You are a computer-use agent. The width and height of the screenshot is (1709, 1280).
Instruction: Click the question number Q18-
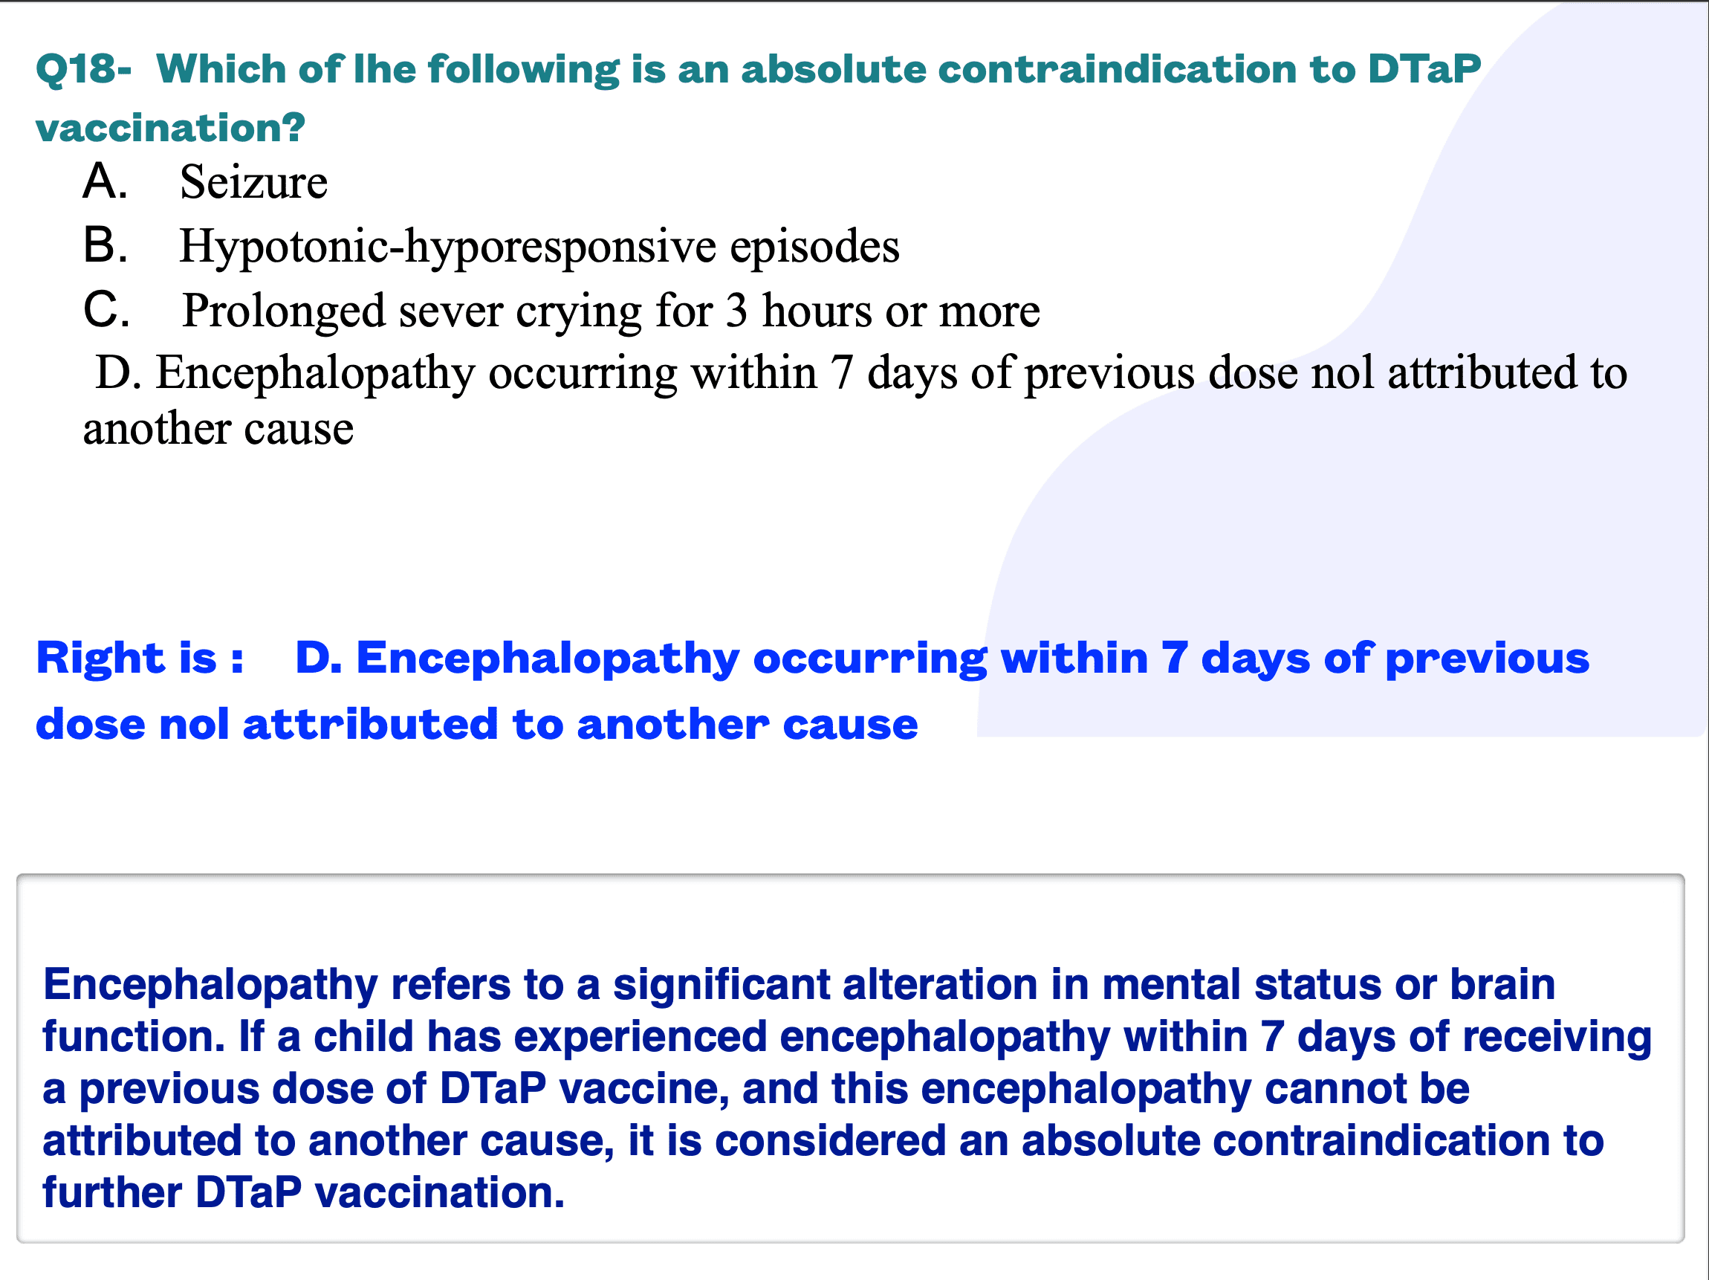(x=83, y=70)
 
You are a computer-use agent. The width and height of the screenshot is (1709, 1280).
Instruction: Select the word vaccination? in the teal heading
(x=171, y=128)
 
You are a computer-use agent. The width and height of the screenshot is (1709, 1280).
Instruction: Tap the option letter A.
(x=105, y=181)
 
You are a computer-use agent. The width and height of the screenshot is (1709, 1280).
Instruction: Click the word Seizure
(x=253, y=182)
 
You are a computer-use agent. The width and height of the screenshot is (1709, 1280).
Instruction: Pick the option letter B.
(x=105, y=246)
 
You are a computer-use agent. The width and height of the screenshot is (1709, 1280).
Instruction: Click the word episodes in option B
(x=814, y=247)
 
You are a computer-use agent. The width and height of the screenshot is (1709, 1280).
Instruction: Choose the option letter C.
(x=106, y=310)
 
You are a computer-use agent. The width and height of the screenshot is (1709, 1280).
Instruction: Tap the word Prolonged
(x=284, y=311)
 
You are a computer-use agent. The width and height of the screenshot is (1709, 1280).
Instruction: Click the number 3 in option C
(x=736, y=311)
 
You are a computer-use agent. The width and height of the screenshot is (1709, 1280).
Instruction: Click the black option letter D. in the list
(x=118, y=373)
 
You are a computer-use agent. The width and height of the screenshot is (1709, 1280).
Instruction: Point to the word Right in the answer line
(x=101, y=659)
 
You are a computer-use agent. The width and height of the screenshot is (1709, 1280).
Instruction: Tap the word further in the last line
(x=112, y=1192)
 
